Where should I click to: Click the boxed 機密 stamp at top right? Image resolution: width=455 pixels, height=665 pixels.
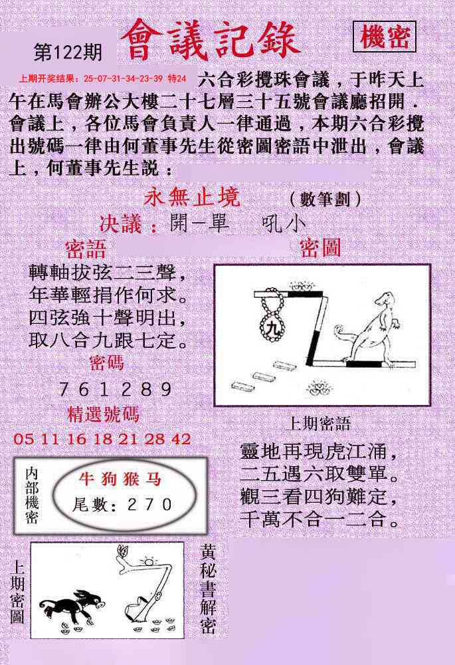pyautogui.click(x=384, y=37)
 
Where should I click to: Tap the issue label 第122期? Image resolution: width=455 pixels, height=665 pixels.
pyautogui.click(x=68, y=53)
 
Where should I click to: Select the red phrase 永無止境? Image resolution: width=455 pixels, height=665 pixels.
pyautogui.click(x=192, y=198)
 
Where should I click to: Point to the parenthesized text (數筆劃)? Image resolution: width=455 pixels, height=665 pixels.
pyautogui.click(x=325, y=199)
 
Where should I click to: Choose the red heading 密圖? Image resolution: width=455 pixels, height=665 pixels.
pyautogui.click(x=320, y=248)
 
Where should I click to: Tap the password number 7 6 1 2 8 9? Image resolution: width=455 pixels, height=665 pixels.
pyautogui.click(x=115, y=389)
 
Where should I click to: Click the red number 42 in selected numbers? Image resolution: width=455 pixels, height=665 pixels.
pyautogui.click(x=182, y=439)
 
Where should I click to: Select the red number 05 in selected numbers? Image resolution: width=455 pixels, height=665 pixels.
pyautogui.click(x=23, y=439)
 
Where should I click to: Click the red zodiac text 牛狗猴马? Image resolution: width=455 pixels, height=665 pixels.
pyautogui.click(x=120, y=479)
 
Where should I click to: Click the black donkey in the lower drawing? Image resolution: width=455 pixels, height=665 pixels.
pyautogui.click(x=72, y=605)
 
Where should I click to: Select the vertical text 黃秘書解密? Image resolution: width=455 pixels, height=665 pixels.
pyautogui.click(x=208, y=589)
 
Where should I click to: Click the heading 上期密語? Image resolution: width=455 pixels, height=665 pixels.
pyautogui.click(x=318, y=424)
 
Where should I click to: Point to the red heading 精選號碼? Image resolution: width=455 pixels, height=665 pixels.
pyautogui.click(x=104, y=414)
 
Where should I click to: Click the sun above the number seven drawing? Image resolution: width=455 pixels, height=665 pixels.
pyautogui.click(x=149, y=561)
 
